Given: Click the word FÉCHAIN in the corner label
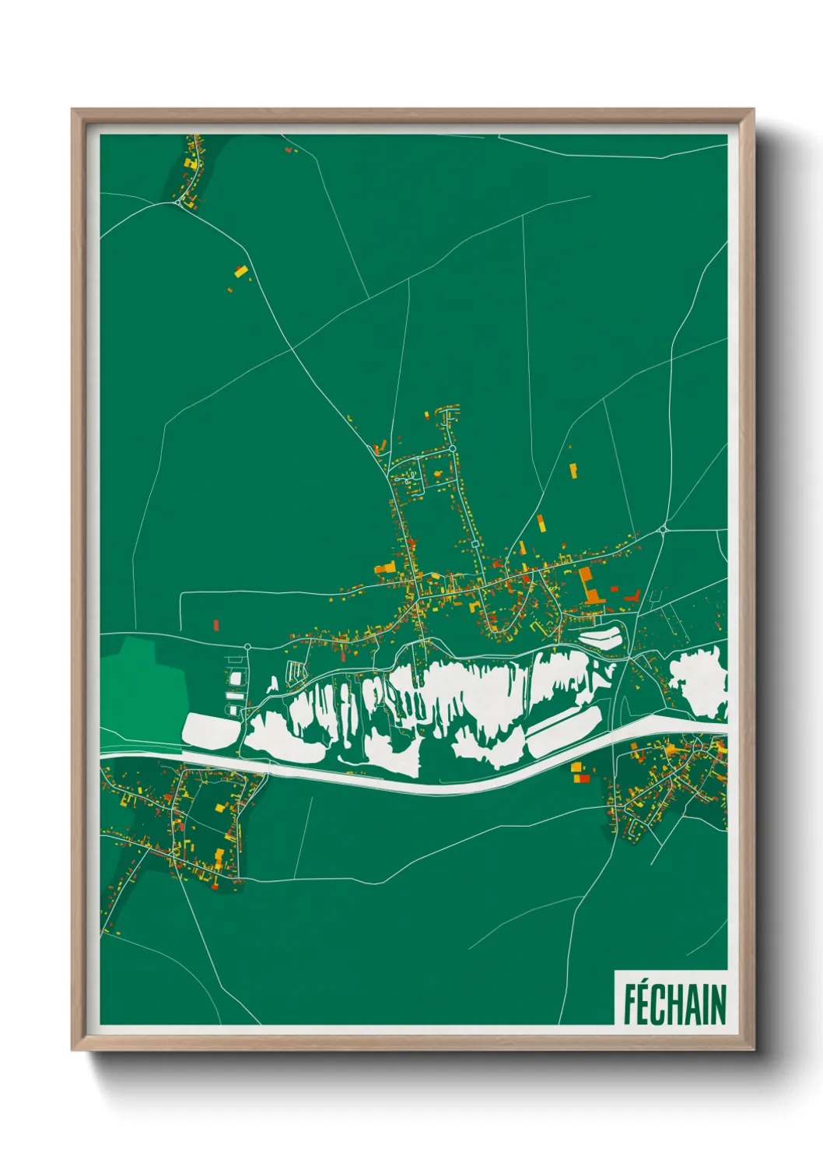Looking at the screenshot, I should (674, 1003).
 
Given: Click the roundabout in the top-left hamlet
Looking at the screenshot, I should (179, 202).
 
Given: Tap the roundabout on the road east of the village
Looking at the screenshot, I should (663, 530).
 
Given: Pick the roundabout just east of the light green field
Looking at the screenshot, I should (247, 647).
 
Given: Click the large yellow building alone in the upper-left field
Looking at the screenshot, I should (240, 272).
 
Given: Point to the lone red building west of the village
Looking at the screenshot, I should (216, 624).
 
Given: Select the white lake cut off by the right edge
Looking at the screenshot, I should (700, 681).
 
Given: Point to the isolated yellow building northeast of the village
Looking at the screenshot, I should (573, 470).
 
